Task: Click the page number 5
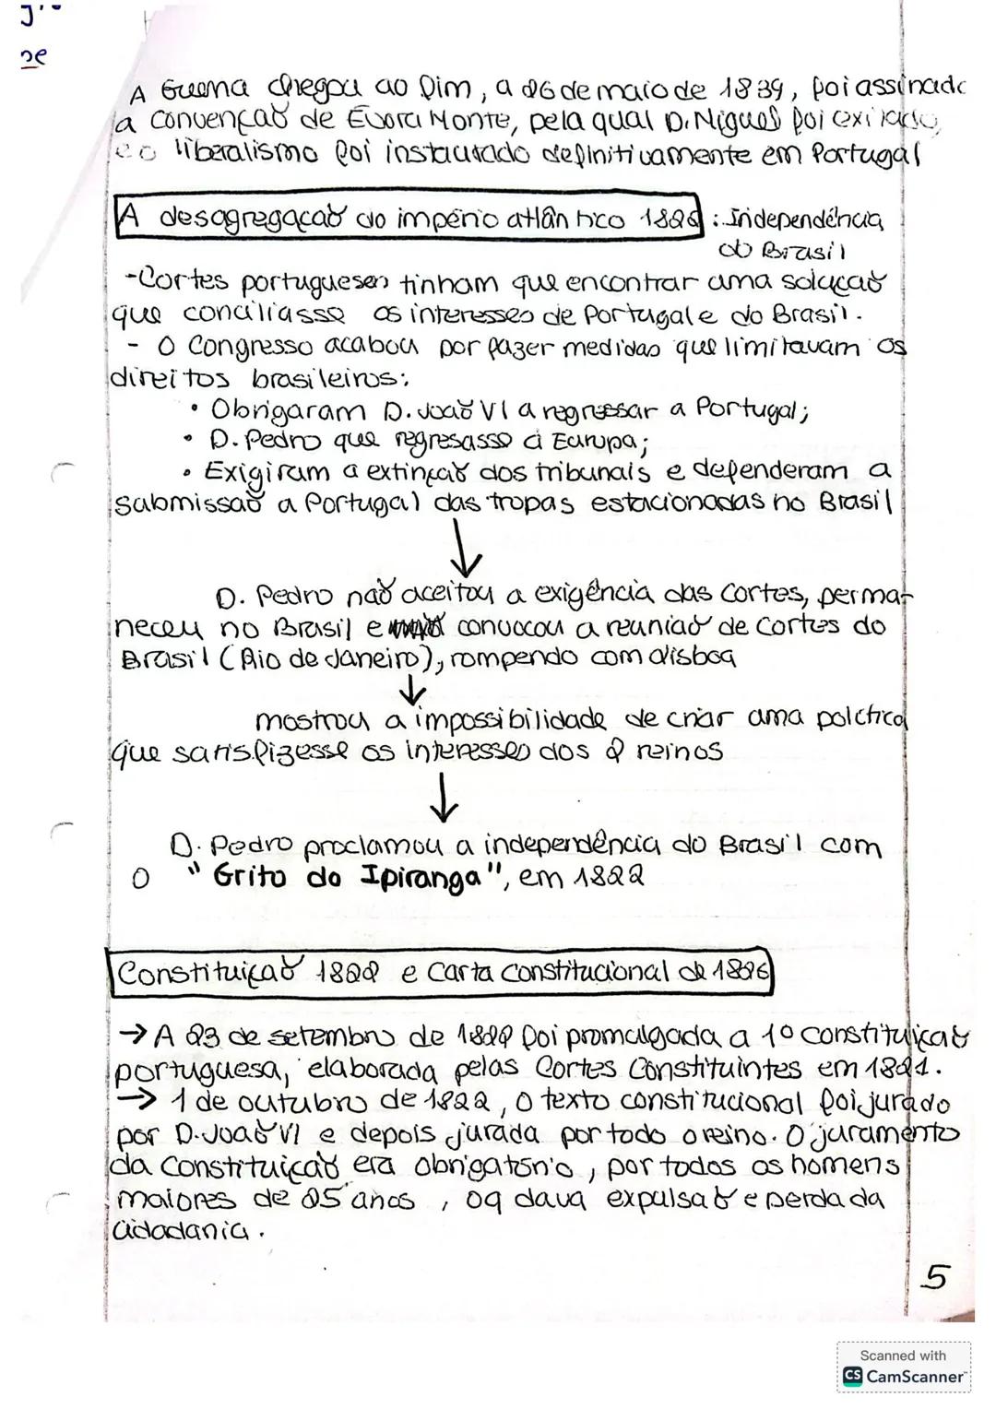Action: tap(936, 1277)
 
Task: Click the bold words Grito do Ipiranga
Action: tap(346, 876)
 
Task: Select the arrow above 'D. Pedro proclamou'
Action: tap(444, 799)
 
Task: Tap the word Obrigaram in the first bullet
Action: tap(276, 409)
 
